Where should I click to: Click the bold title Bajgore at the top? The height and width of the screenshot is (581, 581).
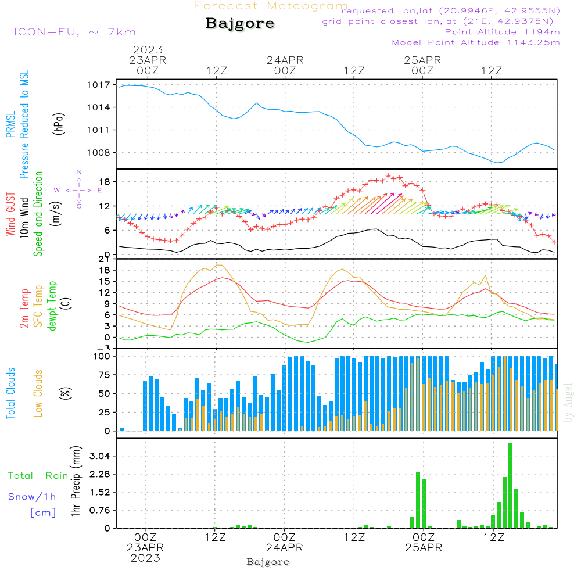[240, 24]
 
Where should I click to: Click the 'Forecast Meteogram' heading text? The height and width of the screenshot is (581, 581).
[271, 6]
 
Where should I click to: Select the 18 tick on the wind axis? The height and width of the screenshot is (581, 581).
[105, 182]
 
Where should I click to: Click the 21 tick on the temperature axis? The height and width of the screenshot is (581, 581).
[105, 259]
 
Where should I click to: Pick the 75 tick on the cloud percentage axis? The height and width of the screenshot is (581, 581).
[103, 375]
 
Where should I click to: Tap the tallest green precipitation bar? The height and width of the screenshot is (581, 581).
[510, 485]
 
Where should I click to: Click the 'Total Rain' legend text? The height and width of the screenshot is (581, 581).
[38, 475]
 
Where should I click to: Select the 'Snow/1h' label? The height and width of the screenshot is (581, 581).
[32, 497]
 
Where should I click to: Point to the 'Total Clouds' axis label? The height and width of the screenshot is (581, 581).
[10, 393]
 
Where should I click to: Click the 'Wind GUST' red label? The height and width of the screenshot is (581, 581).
[10, 216]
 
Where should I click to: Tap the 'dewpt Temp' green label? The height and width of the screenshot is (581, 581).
[52, 306]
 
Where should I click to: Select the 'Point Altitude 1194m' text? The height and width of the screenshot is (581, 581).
[502, 31]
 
